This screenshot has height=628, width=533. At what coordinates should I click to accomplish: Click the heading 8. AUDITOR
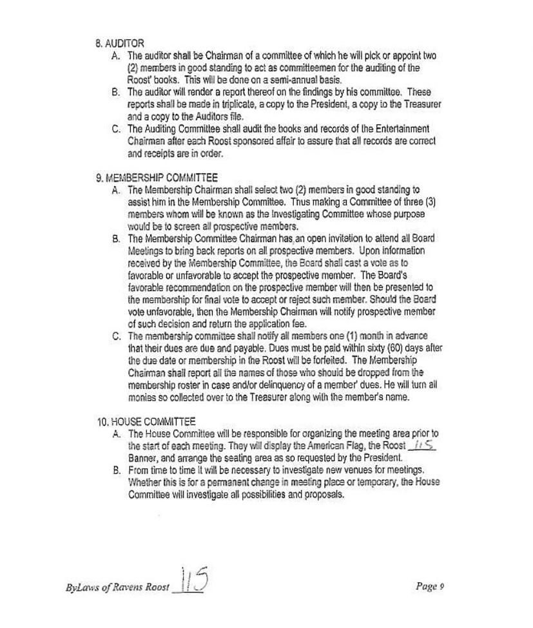point(120,44)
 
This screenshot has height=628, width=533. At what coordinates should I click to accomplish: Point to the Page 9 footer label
point(430,586)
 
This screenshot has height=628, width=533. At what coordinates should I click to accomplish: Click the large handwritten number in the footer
point(191,580)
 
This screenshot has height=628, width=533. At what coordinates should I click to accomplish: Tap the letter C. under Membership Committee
point(117,336)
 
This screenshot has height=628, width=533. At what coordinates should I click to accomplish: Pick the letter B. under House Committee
point(117,470)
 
